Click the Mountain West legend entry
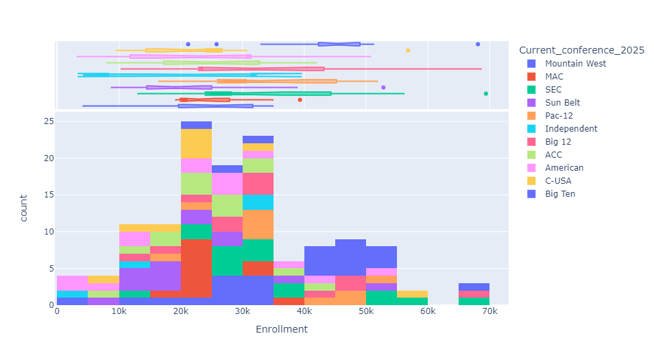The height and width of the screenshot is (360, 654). (x=575, y=64)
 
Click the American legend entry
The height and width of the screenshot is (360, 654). (x=564, y=168)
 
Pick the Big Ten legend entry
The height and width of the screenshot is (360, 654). (x=559, y=194)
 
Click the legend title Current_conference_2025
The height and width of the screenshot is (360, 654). (x=581, y=50)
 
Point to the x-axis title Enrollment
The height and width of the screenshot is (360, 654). (x=281, y=330)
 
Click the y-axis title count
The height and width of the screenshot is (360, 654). (x=24, y=208)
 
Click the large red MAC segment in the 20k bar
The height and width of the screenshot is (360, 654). (x=196, y=268)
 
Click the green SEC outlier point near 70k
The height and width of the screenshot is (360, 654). (x=485, y=94)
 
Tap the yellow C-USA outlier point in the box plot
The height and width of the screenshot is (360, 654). (x=408, y=50)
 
